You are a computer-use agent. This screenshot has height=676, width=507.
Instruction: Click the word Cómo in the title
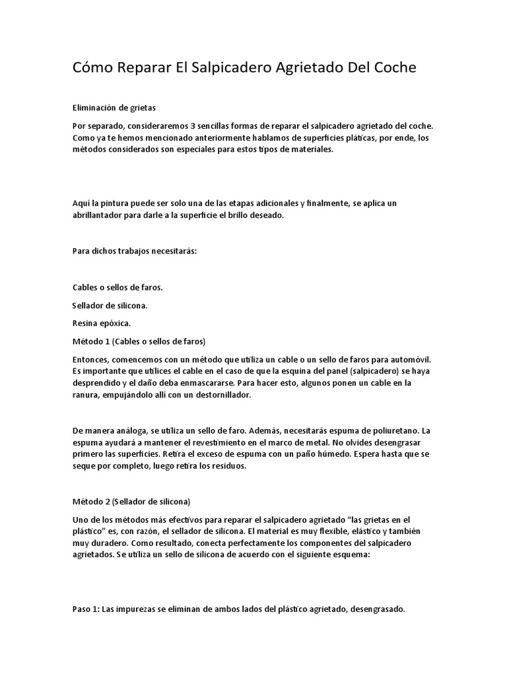(92, 69)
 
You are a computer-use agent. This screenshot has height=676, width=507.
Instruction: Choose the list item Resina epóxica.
(102, 323)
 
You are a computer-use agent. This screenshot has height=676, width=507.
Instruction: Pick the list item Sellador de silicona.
(110, 305)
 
